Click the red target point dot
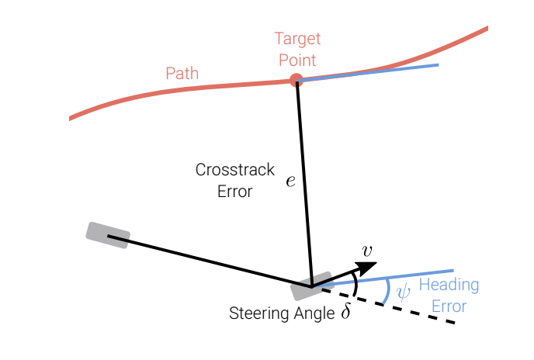(x=296, y=80)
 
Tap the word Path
(x=182, y=73)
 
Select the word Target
(x=297, y=39)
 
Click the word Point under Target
(x=297, y=60)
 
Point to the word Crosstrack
(x=235, y=170)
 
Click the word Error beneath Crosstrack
(x=235, y=192)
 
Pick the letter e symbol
(x=290, y=181)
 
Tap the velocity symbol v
(x=367, y=251)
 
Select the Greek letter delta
(x=345, y=310)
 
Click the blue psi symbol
(x=404, y=292)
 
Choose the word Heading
(x=449, y=285)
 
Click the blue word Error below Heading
(x=449, y=306)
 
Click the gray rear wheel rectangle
(x=108, y=235)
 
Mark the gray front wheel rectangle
(x=311, y=286)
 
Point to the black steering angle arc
(x=356, y=285)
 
